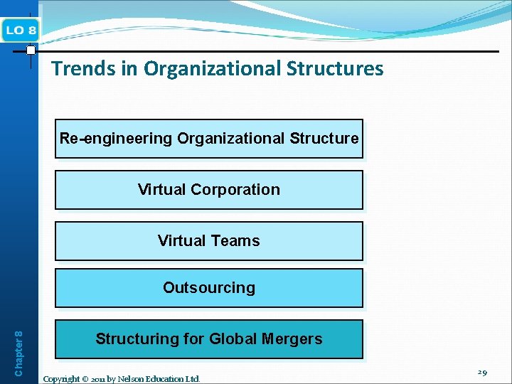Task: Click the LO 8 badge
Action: (x=21, y=30)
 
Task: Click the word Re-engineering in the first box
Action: (x=116, y=138)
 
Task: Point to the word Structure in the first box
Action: (x=324, y=138)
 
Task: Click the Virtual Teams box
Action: (x=209, y=241)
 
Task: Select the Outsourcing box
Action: (x=209, y=288)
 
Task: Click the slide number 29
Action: (x=482, y=373)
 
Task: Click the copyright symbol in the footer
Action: (x=88, y=379)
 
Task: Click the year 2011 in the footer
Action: (x=103, y=379)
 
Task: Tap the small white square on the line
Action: (x=31, y=50)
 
